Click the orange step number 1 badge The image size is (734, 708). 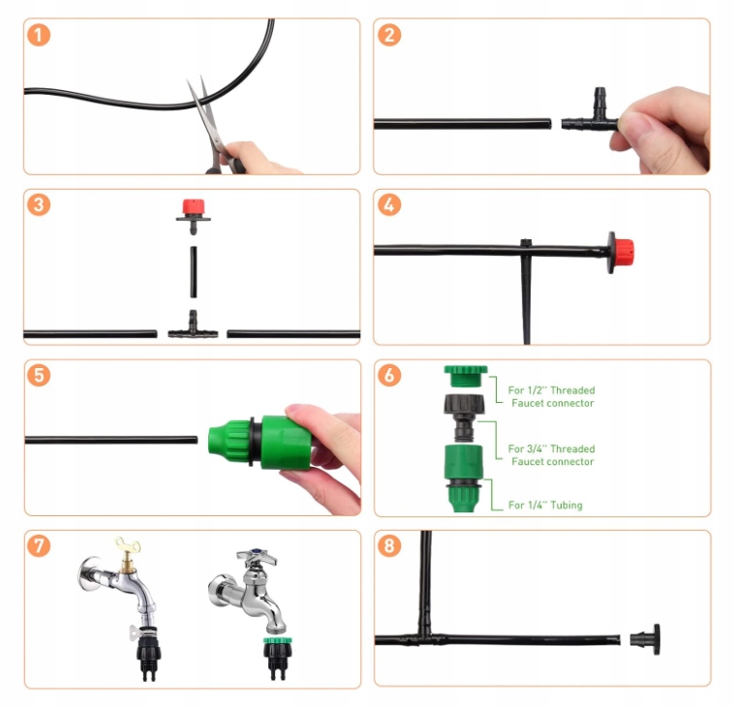tap(39, 35)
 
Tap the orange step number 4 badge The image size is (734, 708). tap(389, 204)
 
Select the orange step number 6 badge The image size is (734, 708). tap(389, 375)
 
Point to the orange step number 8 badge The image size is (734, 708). tap(389, 545)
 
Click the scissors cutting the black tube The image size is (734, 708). tap(213, 129)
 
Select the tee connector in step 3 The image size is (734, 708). tap(193, 325)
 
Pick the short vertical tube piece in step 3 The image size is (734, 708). tap(194, 272)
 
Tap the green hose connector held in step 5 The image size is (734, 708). tap(259, 442)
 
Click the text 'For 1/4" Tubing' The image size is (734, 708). tap(545, 505)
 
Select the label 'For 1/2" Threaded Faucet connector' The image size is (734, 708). tap(551, 396)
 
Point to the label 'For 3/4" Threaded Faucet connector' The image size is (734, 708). tap(551, 455)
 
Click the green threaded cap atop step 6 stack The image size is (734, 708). tap(466, 376)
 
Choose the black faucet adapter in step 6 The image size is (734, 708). tap(465, 417)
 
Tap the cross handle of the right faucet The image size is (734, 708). tap(257, 557)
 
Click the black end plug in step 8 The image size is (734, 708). tap(646, 639)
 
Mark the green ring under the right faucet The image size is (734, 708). tap(278, 640)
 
